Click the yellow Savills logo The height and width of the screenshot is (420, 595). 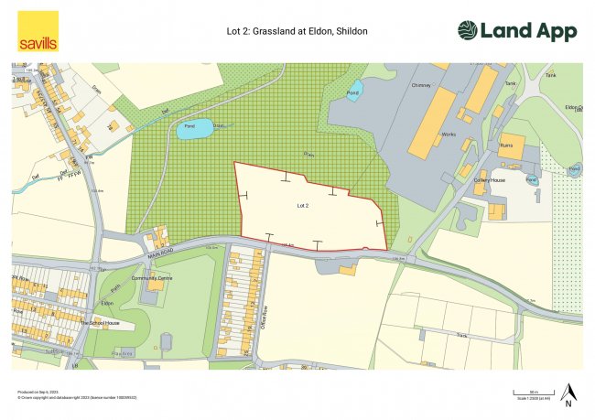[x=38, y=31]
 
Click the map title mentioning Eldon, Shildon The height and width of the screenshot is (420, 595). [x=297, y=31]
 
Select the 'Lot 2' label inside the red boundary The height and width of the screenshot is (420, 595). [x=303, y=207]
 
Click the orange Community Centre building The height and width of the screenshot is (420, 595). [x=157, y=285]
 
